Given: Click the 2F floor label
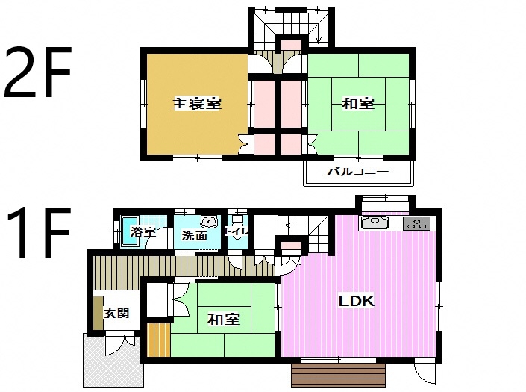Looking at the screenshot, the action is coord(37,72).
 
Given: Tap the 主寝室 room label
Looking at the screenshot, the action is coord(197,103).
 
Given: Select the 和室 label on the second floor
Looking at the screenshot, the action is coord(358,103).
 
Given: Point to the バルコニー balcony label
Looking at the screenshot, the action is coord(358,172).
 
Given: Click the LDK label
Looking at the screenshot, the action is coord(356,301).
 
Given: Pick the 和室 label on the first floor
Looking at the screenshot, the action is coord(224,319).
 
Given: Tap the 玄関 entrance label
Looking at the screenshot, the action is coord(116,313).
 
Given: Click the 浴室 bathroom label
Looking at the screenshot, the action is coord(143,231).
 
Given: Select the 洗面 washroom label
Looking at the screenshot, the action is coord(194,236).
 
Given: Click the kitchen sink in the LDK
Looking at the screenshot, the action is coord(375,223).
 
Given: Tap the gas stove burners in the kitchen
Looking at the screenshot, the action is coord(416,223).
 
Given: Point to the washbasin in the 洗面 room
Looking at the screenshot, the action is coord(209,222).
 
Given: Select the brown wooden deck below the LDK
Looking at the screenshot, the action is coord(339,376).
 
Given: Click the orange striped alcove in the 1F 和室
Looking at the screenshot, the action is coord(159,340).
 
